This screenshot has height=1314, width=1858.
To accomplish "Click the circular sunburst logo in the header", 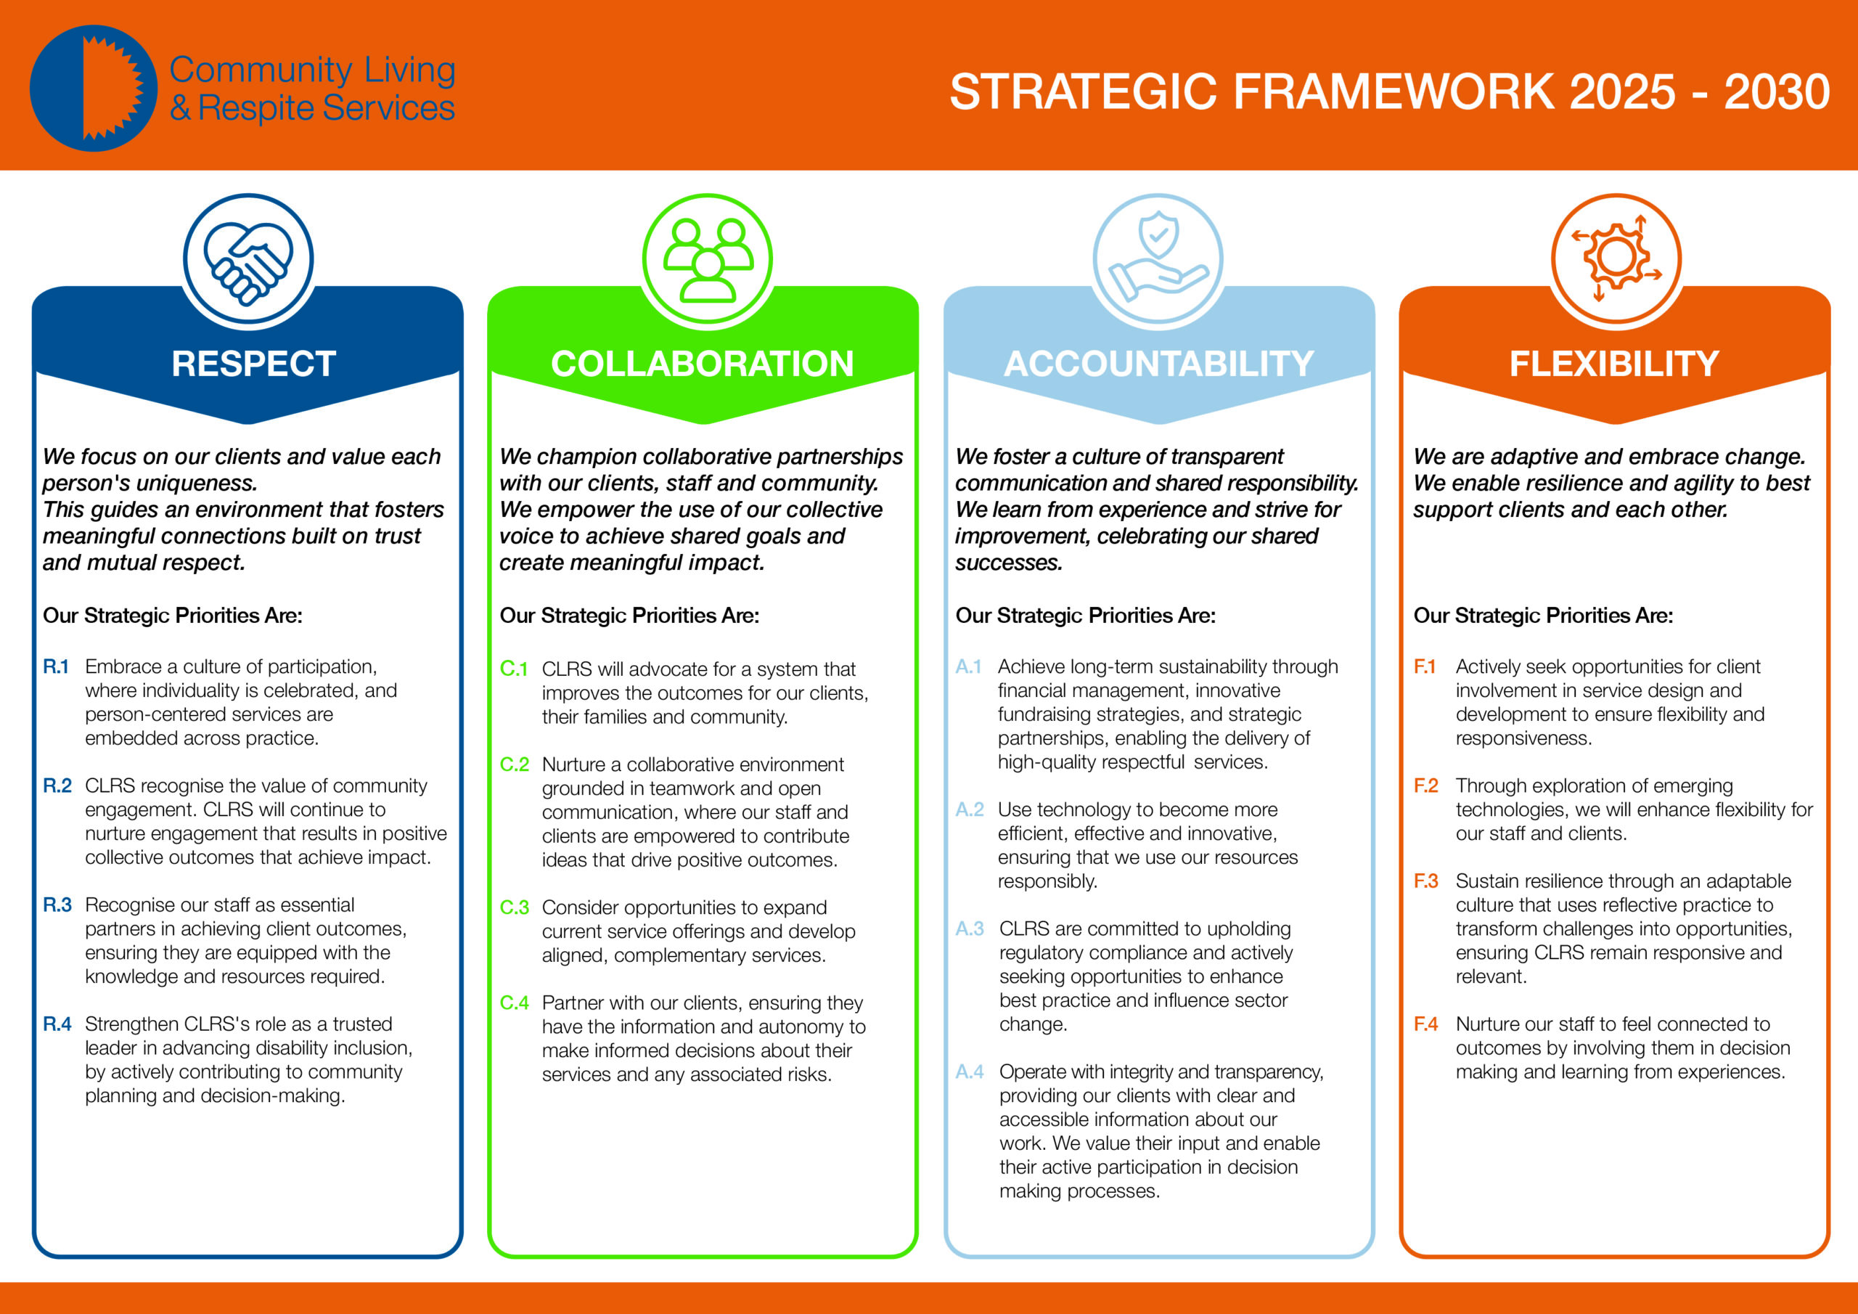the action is point(93,89).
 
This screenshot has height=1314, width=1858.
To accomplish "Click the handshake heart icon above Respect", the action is point(247,259).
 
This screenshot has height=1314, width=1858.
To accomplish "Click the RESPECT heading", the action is point(253,364).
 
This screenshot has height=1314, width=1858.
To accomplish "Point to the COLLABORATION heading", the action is point(703,364).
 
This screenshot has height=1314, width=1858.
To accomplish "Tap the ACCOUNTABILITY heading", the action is point(1159,364).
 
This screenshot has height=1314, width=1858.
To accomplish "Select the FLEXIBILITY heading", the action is point(1614,364).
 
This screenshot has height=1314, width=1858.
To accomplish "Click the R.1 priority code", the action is point(56,666).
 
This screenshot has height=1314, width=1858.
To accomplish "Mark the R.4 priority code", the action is point(57,1024).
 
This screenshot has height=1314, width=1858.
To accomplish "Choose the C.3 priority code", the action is point(515,907).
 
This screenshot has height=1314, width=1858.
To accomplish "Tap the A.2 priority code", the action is point(970,809).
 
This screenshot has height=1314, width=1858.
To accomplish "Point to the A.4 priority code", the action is point(970,1072).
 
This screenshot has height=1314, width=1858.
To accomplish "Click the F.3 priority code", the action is point(1426,881).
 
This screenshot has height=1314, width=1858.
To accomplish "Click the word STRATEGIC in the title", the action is point(1084,91).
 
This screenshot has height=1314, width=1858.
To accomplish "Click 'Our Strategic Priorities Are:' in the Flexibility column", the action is point(1543,616).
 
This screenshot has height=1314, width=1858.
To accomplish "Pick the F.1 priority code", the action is point(1424,666).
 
